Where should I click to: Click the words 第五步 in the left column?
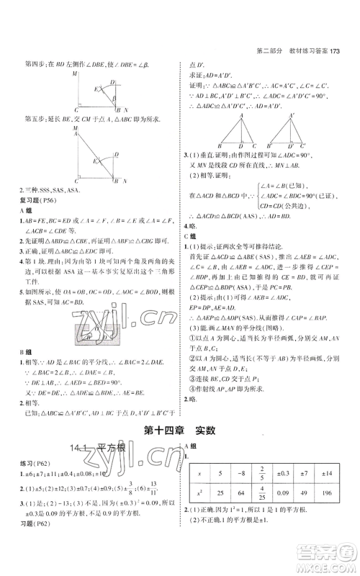tap(24, 119)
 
